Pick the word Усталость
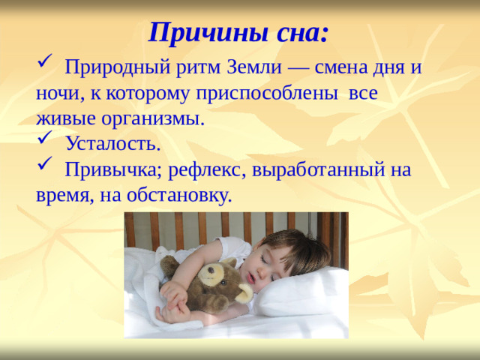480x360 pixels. point(112,143)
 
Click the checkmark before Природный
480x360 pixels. point(43,67)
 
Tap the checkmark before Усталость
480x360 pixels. point(43,142)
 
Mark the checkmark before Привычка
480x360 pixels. point(43,167)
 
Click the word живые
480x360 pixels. point(59,118)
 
